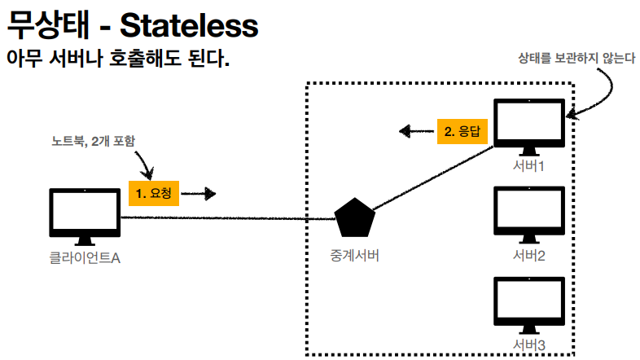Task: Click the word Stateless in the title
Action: (x=189, y=26)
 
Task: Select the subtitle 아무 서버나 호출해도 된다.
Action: (x=118, y=60)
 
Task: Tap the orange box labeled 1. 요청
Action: (x=154, y=194)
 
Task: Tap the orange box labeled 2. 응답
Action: (x=462, y=130)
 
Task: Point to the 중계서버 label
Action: (x=356, y=256)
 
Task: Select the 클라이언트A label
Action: (x=84, y=258)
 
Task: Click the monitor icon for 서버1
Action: (x=529, y=125)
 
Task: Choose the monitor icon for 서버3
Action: (x=529, y=303)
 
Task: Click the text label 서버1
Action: (x=529, y=167)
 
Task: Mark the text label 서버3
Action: (x=529, y=346)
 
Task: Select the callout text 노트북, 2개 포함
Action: (x=93, y=141)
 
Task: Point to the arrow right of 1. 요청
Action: (x=199, y=194)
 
